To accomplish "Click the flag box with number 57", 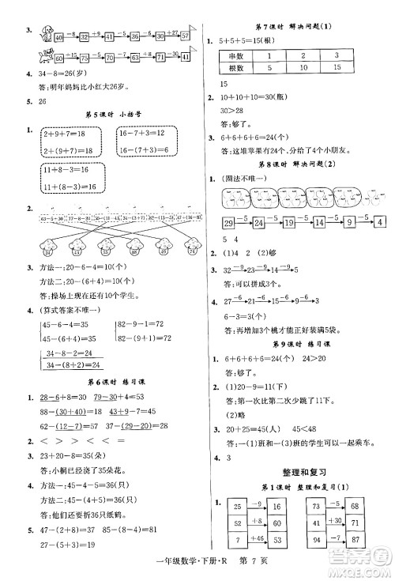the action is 185,36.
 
